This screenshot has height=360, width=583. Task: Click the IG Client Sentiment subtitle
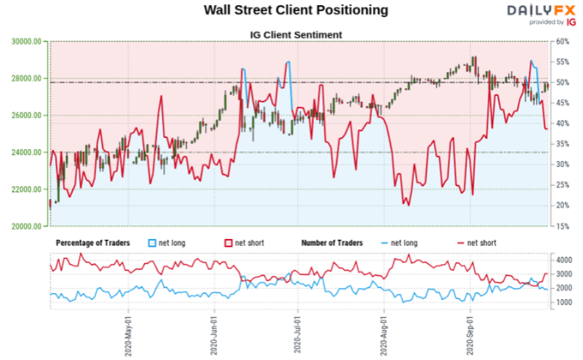point(291,34)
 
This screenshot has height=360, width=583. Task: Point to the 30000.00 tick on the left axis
point(27,41)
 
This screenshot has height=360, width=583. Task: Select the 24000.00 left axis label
point(27,153)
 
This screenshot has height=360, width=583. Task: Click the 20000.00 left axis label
point(27,226)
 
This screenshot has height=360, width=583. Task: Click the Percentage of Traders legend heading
point(93,243)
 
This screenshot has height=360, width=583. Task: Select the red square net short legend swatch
point(229,243)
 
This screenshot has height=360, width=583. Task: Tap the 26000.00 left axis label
point(27,115)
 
